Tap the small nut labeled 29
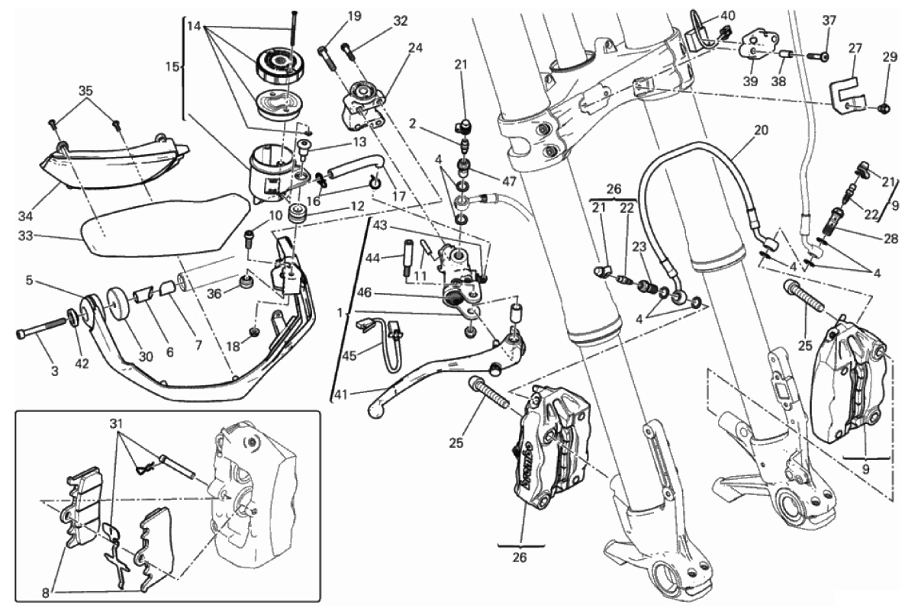(884, 109)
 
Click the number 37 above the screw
(829, 20)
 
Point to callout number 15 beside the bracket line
(172, 67)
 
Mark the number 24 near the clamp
(415, 47)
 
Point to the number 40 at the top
(728, 14)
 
